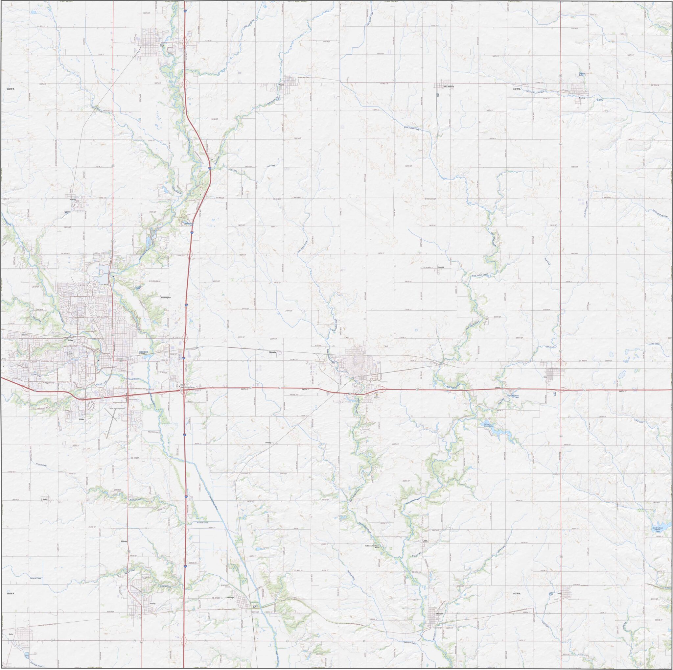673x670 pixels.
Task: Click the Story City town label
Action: click(x=162, y=46)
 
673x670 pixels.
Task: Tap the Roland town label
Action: click(x=282, y=85)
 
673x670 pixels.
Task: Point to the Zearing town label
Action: click(x=581, y=98)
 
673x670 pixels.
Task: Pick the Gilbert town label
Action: click(x=73, y=200)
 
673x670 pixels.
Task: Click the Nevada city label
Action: click(x=273, y=352)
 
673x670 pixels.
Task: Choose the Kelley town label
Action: click(x=45, y=499)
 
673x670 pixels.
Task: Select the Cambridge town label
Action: click(x=230, y=597)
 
